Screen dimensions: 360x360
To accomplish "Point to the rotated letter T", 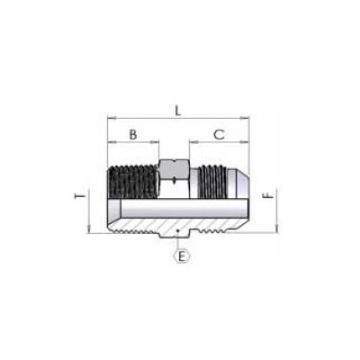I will pos(81,193).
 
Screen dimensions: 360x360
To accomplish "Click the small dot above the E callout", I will pos(180,236).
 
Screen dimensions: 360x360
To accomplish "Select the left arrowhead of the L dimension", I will pos(109,118).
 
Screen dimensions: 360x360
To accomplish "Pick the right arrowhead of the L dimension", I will pos(247,118).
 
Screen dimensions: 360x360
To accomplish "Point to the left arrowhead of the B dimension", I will pos(109,142).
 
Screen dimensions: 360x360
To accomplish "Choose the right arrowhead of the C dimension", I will pos(247,142).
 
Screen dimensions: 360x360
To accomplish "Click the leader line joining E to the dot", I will pos(180,243).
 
